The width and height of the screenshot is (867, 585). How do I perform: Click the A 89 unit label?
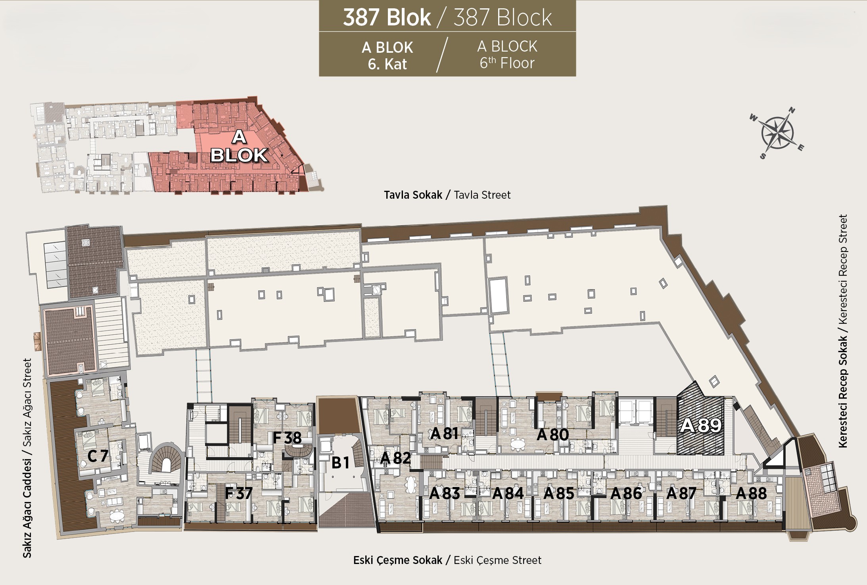[x=700, y=426]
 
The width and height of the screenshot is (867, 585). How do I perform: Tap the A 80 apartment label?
[x=553, y=435]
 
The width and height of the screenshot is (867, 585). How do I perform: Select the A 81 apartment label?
[x=445, y=433]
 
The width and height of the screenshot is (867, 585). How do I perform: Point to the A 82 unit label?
[x=395, y=458]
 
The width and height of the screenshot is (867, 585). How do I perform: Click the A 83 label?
[x=445, y=493]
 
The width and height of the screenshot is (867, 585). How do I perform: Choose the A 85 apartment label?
[x=559, y=493]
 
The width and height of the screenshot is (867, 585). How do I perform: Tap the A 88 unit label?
[x=751, y=493]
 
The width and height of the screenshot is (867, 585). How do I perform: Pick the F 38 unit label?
[x=287, y=438]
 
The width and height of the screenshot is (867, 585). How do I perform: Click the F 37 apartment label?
[x=238, y=493]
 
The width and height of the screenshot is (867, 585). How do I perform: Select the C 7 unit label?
[x=98, y=456]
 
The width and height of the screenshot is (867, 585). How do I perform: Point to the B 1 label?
[x=340, y=462]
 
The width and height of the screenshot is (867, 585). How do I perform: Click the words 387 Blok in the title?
[x=387, y=17]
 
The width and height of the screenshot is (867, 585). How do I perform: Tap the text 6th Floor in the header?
[x=507, y=63]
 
